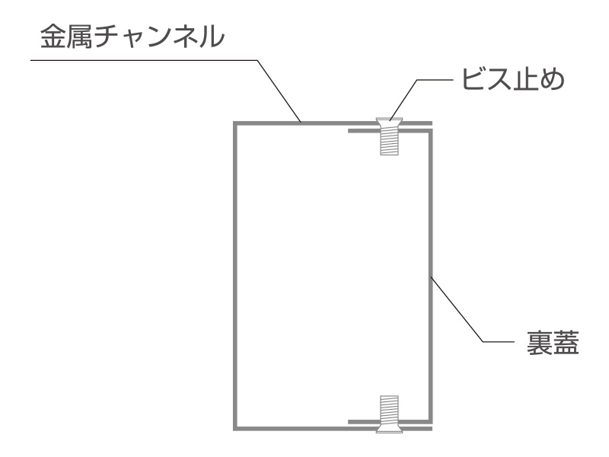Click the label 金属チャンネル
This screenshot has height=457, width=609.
pos(132,37)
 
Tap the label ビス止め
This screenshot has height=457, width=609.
pos(513,80)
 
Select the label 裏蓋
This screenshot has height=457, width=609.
pos(553,342)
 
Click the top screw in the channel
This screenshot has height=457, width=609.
pos(389,136)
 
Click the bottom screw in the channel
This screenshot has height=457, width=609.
pos(389,414)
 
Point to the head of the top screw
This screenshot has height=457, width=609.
pos(389,123)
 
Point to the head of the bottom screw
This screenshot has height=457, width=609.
pos(389,428)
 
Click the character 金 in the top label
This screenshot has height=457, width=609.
pos(53,37)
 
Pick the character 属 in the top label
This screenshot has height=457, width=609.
pos(79,37)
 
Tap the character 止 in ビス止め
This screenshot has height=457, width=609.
pos(525,80)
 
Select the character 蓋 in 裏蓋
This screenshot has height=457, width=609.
pos(566,342)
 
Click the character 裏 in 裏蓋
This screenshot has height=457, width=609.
pos(540,342)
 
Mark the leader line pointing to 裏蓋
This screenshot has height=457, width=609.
pos(473,309)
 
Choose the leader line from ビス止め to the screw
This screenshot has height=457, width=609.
pos(422,99)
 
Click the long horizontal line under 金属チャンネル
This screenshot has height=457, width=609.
pos(144,60)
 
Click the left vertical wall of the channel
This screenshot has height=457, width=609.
pos(235,276)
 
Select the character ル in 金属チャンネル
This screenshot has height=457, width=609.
pos(212,37)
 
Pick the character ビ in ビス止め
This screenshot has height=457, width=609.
pos(473,80)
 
